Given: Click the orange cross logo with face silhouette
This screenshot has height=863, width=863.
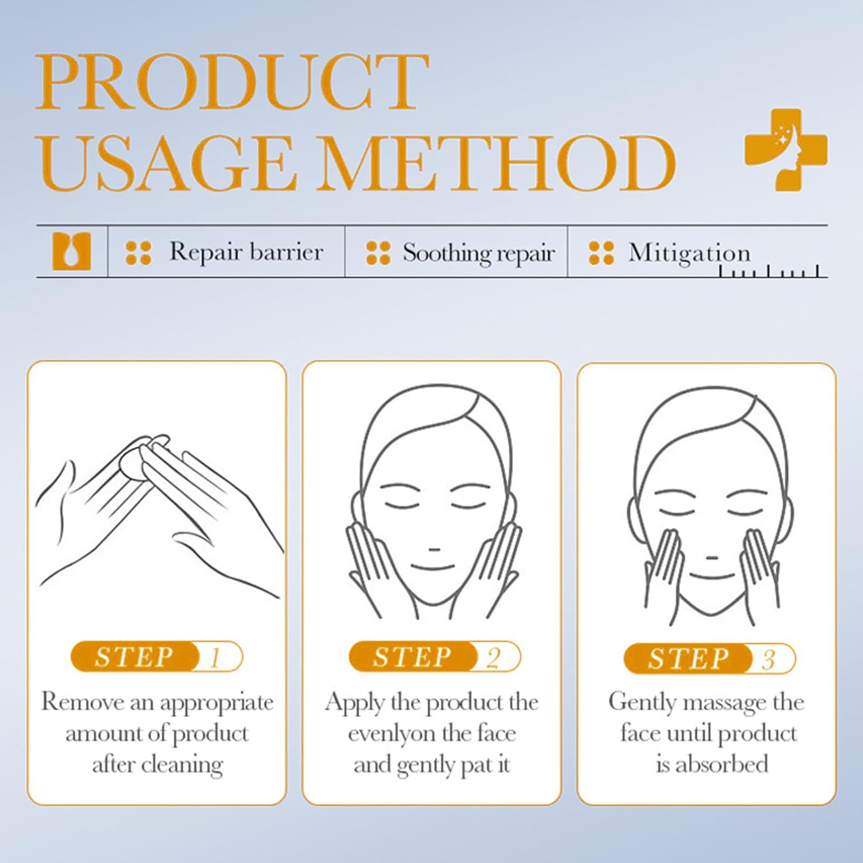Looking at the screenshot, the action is (786, 149).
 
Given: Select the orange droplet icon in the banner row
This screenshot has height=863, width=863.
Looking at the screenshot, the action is (72, 251).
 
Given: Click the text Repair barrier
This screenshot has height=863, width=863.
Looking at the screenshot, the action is (246, 252).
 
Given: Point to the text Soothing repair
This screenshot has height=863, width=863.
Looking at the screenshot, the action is (479, 253).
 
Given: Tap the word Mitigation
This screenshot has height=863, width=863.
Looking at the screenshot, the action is (689, 253).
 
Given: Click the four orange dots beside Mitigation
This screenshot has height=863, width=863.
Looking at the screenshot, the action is (601, 253).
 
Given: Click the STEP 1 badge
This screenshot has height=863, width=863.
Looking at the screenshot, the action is (156, 656).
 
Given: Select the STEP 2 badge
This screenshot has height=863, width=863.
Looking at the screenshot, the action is (434, 656).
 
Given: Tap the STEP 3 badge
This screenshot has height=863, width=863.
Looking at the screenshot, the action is (709, 659).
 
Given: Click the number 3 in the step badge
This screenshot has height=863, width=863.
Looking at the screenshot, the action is (769, 659).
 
